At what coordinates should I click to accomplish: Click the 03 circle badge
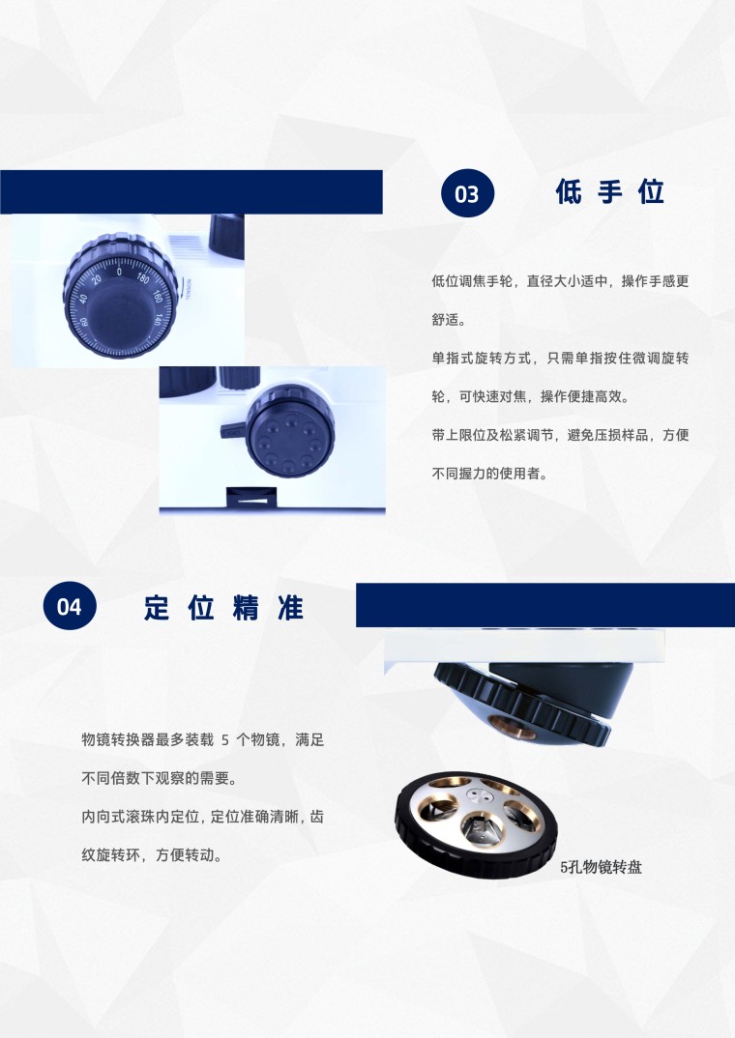(x=467, y=193)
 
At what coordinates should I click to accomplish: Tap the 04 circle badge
(x=70, y=606)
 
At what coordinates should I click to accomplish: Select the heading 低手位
(x=609, y=192)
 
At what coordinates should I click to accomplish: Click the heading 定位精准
(x=223, y=607)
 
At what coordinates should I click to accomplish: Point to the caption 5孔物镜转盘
(x=601, y=867)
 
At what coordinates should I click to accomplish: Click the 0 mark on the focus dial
(x=119, y=272)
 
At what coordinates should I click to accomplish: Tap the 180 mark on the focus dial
(x=143, y=277)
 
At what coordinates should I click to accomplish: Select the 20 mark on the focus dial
(x=97, y=279)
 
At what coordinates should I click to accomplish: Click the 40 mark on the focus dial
(x=83, y=299)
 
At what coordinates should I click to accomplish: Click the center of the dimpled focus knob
(x=289, y=431)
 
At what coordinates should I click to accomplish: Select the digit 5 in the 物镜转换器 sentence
(x=225, y=740)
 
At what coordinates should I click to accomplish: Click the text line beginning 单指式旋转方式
(x=560, y=359)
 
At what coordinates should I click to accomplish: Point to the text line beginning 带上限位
(x=560, y=435)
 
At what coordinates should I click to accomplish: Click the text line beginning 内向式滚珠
(x=203, y=817)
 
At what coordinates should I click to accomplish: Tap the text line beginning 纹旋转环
(x=152, y=855)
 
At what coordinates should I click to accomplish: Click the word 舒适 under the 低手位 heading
(x=446, y=320)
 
